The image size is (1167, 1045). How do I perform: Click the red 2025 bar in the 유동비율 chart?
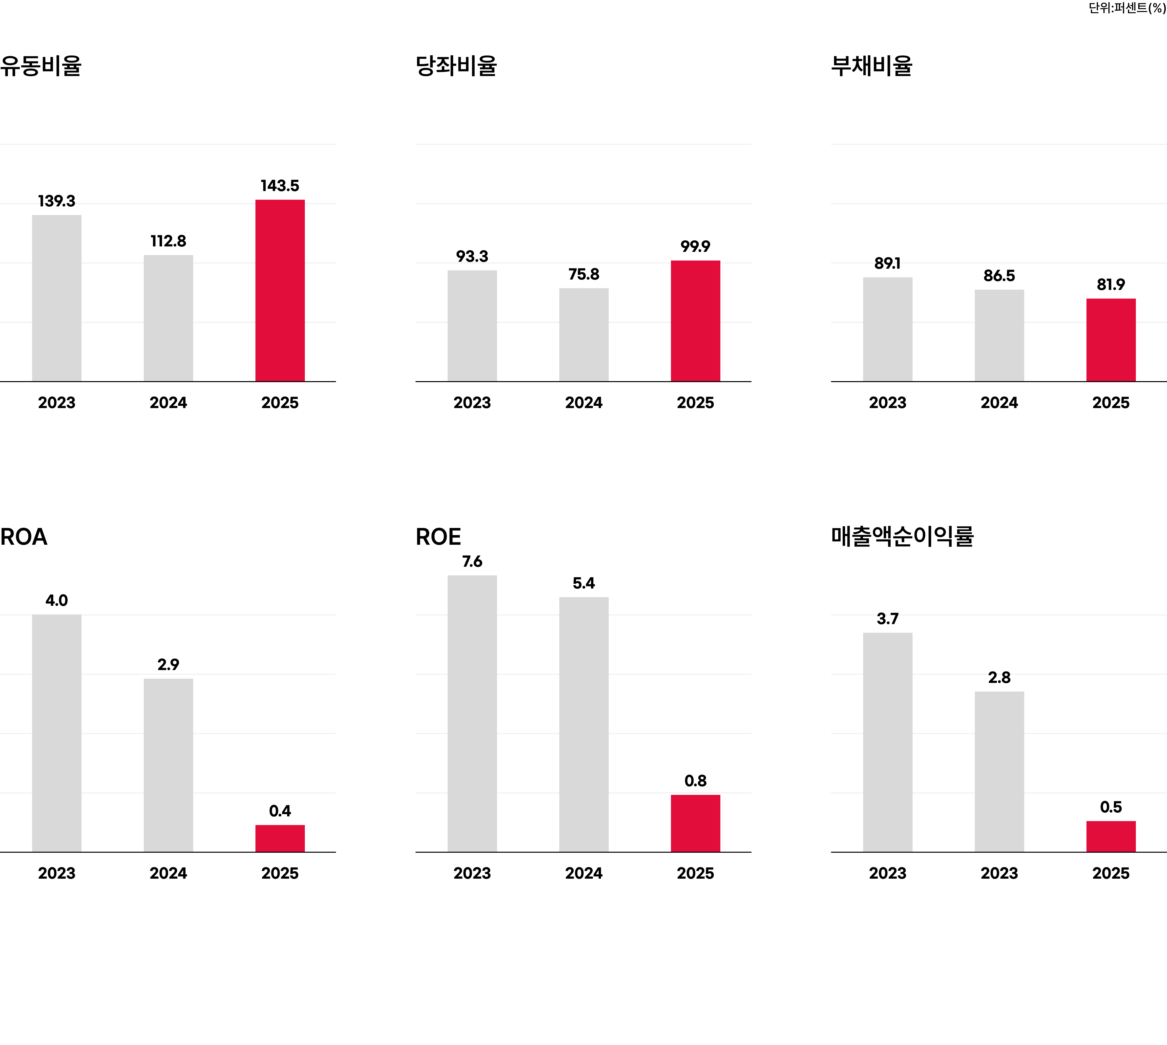coord(280,290)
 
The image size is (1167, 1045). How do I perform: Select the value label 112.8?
coord(168,241)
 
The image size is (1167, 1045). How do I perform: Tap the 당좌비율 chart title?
coord(456,65)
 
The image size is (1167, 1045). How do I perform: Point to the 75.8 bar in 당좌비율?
coord(583,335)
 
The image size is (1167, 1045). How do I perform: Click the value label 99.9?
coord(695,246)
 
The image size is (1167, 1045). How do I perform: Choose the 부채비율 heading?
coord(872,65)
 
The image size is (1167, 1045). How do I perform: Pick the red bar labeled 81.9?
coord(1111,340)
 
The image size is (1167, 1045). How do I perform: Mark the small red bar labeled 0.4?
coord(280,838)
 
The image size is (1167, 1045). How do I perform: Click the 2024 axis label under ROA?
coord(168,873)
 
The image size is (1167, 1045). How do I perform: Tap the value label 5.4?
coord(583,583)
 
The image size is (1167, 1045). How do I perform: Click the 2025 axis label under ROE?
coord(695,873)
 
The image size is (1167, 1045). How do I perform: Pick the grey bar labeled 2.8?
coord(999,772)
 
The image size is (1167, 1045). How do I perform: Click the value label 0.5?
coord(1111,807)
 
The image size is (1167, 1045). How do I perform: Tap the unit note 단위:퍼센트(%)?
coord(1127,8)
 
